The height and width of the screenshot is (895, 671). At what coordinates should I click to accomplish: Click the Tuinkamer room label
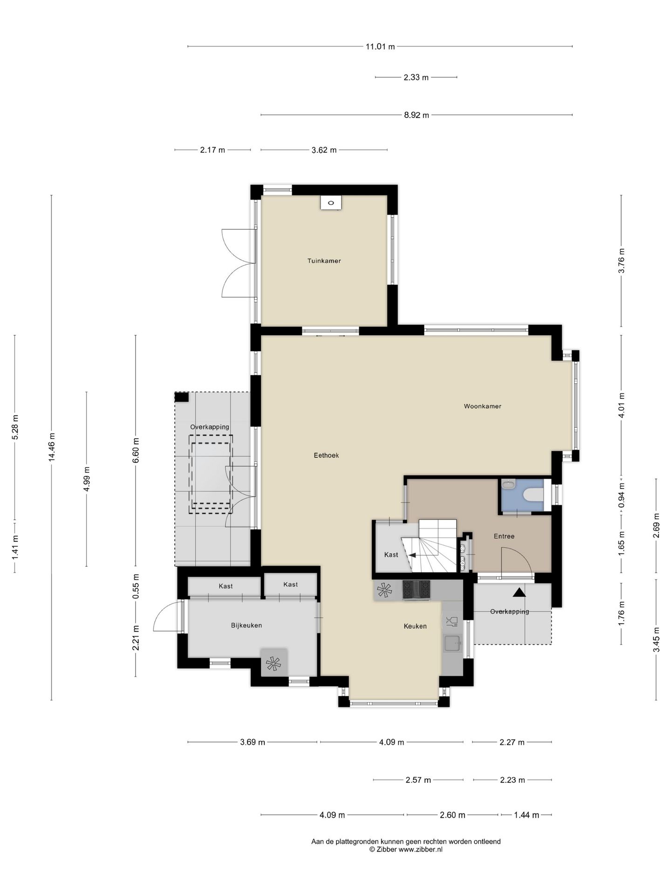[324, 261]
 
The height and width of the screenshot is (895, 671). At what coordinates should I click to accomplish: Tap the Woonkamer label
[482, 406]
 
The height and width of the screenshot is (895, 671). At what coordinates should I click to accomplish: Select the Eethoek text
[326, 455]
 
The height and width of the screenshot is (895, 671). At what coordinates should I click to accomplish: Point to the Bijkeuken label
[246, 626]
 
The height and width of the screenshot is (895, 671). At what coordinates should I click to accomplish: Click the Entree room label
[504, 537]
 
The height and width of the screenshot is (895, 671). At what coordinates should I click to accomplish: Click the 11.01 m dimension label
[380, 47]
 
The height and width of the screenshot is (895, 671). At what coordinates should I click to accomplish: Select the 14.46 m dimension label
[52, 447]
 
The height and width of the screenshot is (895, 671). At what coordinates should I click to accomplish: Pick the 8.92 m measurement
[417, 115]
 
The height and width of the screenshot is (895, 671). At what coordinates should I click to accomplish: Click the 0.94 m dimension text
[621, 496]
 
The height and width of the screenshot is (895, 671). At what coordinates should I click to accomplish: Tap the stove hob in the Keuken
[417, 590]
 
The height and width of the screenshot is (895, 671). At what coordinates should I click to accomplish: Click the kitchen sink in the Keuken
[452, 644]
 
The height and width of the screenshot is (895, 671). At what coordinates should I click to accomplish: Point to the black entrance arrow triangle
[519, 592]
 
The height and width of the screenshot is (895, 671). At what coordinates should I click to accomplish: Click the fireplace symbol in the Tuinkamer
[331, 203]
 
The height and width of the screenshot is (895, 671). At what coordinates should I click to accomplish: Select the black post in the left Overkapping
[181, 397]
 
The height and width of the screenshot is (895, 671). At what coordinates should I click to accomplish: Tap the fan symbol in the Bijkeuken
[274, 663]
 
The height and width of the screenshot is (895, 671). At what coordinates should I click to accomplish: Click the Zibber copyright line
[406, 849]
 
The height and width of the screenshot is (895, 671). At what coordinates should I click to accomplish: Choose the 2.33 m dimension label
[416, 77]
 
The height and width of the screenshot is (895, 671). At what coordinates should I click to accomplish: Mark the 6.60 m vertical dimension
[136, 450]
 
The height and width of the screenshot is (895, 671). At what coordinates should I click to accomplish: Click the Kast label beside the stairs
[391, 555]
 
